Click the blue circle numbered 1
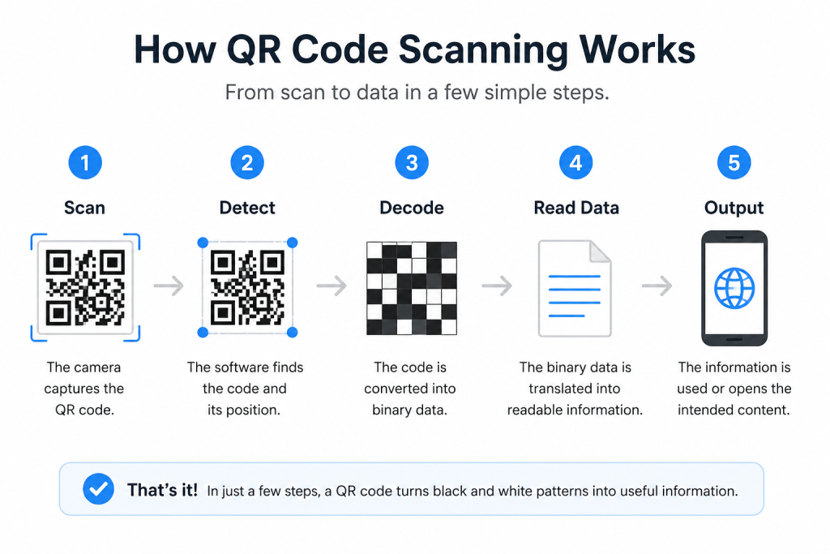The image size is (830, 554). click(x=84, y=162)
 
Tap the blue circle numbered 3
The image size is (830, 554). click(x=412, y=162)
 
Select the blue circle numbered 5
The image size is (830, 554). click(x=734, y=162)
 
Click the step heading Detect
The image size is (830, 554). click(x=247, y=208)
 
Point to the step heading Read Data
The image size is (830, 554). click(x=576, y=208)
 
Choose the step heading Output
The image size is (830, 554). click(x=734, y=208)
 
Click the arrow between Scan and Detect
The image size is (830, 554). click(x=169, y=286)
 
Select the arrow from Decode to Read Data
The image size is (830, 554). click(x=497, y=286)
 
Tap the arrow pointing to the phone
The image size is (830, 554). click(x=657, y=286)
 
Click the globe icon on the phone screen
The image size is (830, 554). click(x=734, y=289)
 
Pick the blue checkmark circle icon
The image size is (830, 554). click(x=98, y=488)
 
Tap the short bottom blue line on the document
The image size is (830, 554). click(x=567, y=316)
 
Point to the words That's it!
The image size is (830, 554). click(x=162, y=490)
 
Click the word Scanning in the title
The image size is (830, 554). click(x=483, y=50)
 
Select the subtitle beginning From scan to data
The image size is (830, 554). click(x=417, y=92)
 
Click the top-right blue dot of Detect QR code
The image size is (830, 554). click(x=292, y=243)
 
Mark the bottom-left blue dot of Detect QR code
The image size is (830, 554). click(x=203, y=332)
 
